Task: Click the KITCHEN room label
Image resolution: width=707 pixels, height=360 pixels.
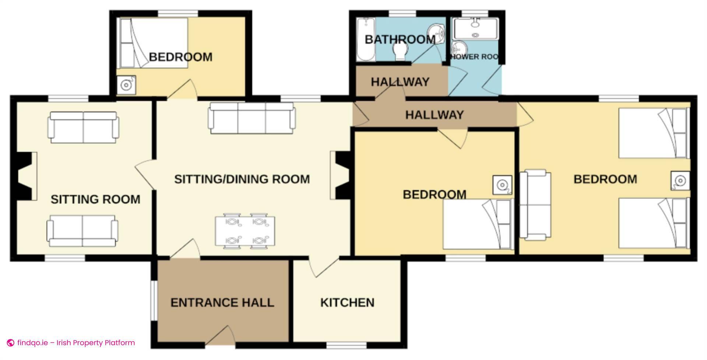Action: tap(347, 303)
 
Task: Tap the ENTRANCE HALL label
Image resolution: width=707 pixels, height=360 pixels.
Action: tap(222, 303)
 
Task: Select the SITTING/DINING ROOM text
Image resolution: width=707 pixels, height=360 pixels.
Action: tap(242, 179)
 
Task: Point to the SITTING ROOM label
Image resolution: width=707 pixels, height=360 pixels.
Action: tap(95, 199)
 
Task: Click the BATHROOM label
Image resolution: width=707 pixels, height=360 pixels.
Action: tap(400, 39)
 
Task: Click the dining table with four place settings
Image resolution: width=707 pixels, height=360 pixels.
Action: tap(245, 231)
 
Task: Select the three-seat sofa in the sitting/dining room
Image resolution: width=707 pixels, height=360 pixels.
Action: tap(252, 118)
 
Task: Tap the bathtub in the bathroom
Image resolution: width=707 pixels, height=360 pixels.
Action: tap(366, 39)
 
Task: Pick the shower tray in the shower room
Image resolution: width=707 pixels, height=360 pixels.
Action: tap(475, 29)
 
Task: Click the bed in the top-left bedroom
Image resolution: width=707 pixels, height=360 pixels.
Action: tap(152, 43)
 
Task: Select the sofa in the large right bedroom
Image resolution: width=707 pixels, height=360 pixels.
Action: tap(535, 205)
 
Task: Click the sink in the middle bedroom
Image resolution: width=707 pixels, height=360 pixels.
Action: tap(502, 185)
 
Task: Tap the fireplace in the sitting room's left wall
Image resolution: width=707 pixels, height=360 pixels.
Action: tap(25, 176)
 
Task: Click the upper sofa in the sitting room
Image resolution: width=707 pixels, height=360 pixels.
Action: tap(83, 127)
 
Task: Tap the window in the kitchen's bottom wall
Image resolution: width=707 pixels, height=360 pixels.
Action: tap(347, 345)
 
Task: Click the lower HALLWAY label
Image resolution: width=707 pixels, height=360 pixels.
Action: tap(435, 115)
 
